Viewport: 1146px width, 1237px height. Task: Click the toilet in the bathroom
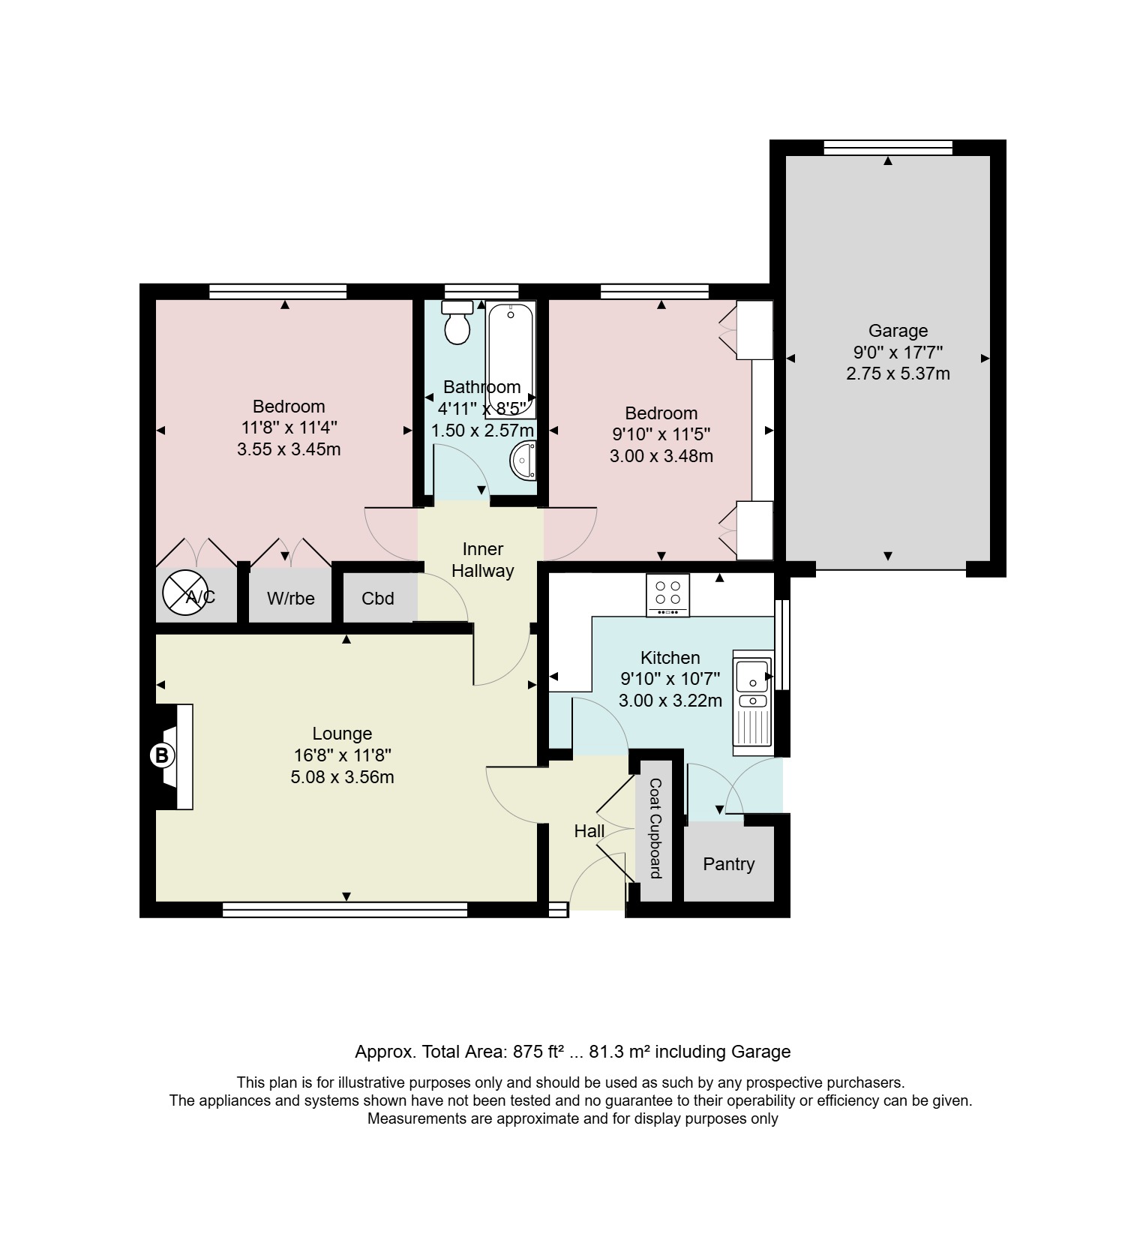coord(456,323)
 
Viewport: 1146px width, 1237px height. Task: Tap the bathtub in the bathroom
coord(511,359)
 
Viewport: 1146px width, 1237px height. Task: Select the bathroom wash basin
coord(523,460)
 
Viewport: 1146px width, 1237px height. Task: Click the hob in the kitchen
coord(667,596)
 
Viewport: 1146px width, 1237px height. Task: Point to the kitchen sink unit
coord(752,702)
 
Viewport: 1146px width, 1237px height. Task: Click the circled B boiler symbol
coord(161,755)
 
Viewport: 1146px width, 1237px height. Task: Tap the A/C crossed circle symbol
coord(184,593)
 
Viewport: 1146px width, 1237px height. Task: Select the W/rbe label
coord(291,599)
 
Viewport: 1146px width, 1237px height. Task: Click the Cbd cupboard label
coord(377,599)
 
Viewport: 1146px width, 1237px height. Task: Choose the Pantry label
coord(728,864)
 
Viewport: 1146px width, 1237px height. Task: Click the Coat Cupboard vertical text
coord(655,828)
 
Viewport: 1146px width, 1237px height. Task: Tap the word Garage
coord(898,331)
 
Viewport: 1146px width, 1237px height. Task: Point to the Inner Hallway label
coord(482,560)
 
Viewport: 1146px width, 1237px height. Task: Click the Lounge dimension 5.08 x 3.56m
coord(342,777)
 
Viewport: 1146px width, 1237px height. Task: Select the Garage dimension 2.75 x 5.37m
coord(898,374)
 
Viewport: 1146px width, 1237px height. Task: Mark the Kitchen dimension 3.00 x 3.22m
coord(670,701)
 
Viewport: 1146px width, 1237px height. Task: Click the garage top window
coord(888,148)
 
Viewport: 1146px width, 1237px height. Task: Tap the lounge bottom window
coord(345,910)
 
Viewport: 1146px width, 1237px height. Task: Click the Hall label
coord(589,831)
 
